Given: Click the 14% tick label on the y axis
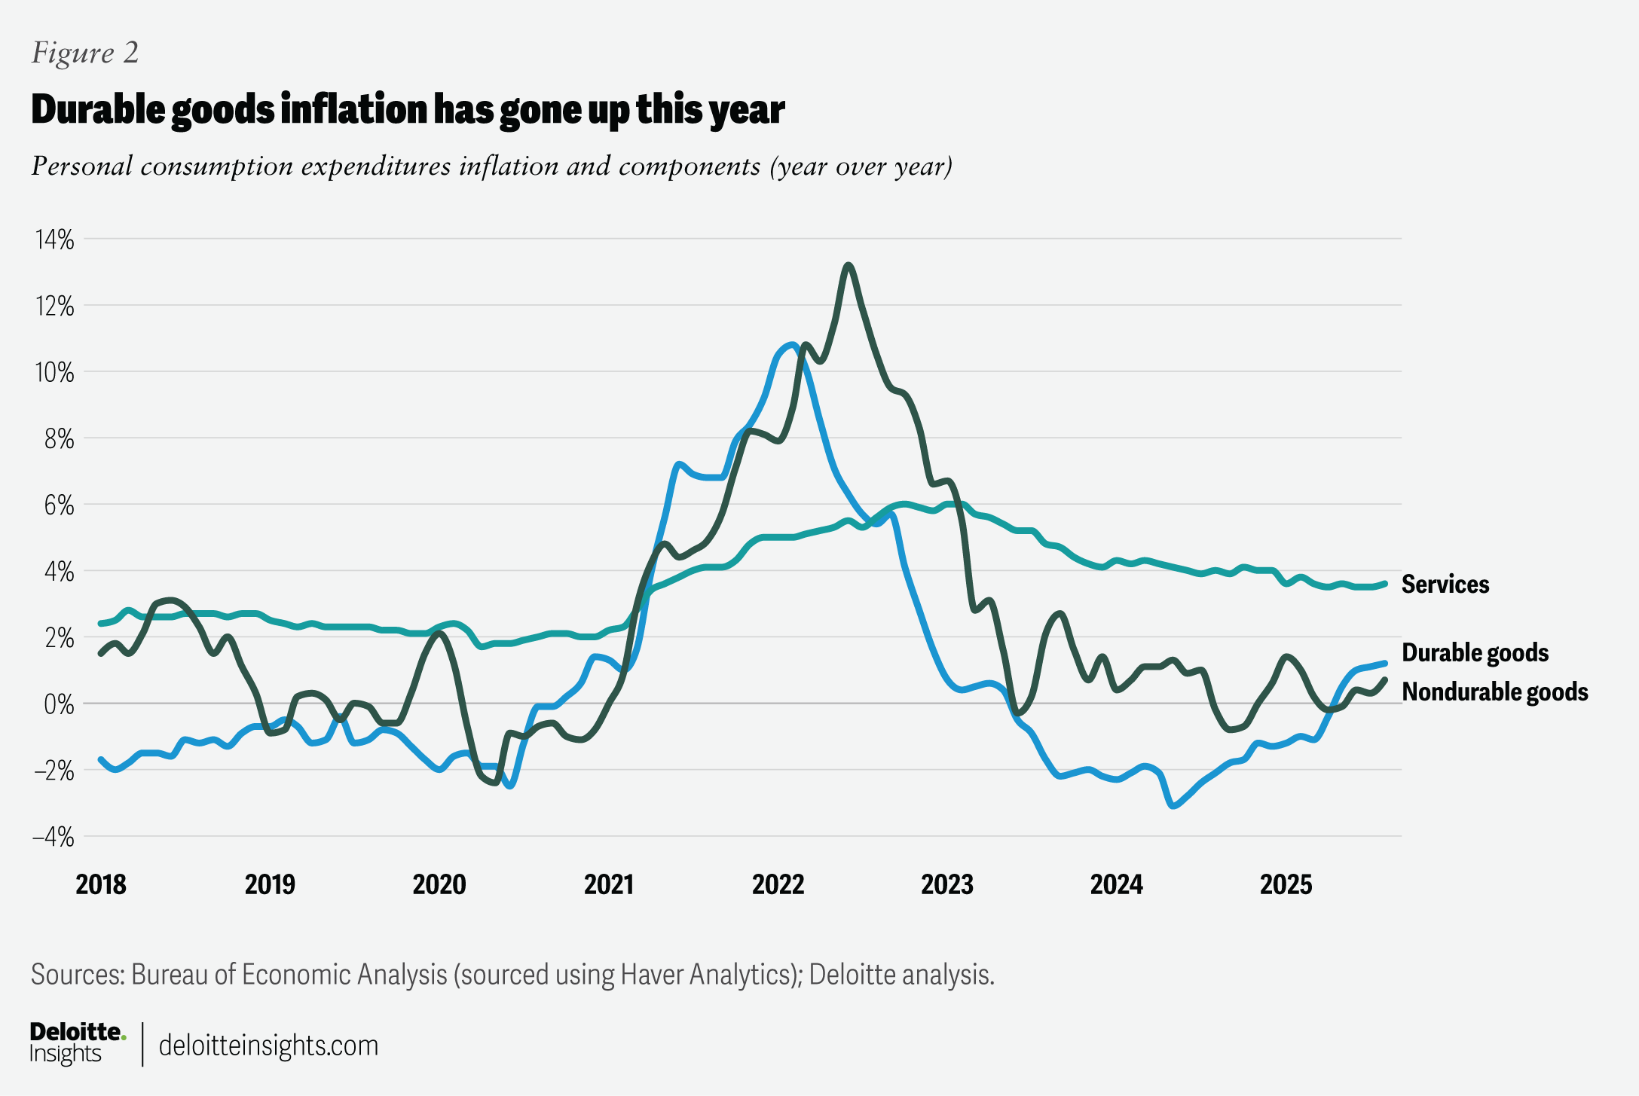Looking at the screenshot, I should click(x=54, y=240).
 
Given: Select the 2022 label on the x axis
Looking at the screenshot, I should click(x=778, y=884).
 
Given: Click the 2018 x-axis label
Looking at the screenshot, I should click(x=101, y=884).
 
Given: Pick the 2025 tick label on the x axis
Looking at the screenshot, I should click(x=1286, y=884).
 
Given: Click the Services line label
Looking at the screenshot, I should click(x=1445, y=585).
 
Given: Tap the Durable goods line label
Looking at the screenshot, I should click(x=1475, y=652).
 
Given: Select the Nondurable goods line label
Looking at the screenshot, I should click(x=1494, y=691).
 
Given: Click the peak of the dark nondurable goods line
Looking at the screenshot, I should click(x=849, y=265).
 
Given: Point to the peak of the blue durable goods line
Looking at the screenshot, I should click(x=791, y=344).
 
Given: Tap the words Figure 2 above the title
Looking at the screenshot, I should click(x=85, y=53).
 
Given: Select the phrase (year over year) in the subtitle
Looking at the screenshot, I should click(x=861, y=166).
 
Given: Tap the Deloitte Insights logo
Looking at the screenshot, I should click(x=77, y=1043).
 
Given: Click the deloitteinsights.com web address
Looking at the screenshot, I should click(x=268, y=1046).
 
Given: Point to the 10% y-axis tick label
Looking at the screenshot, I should click(x=54, y=372).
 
